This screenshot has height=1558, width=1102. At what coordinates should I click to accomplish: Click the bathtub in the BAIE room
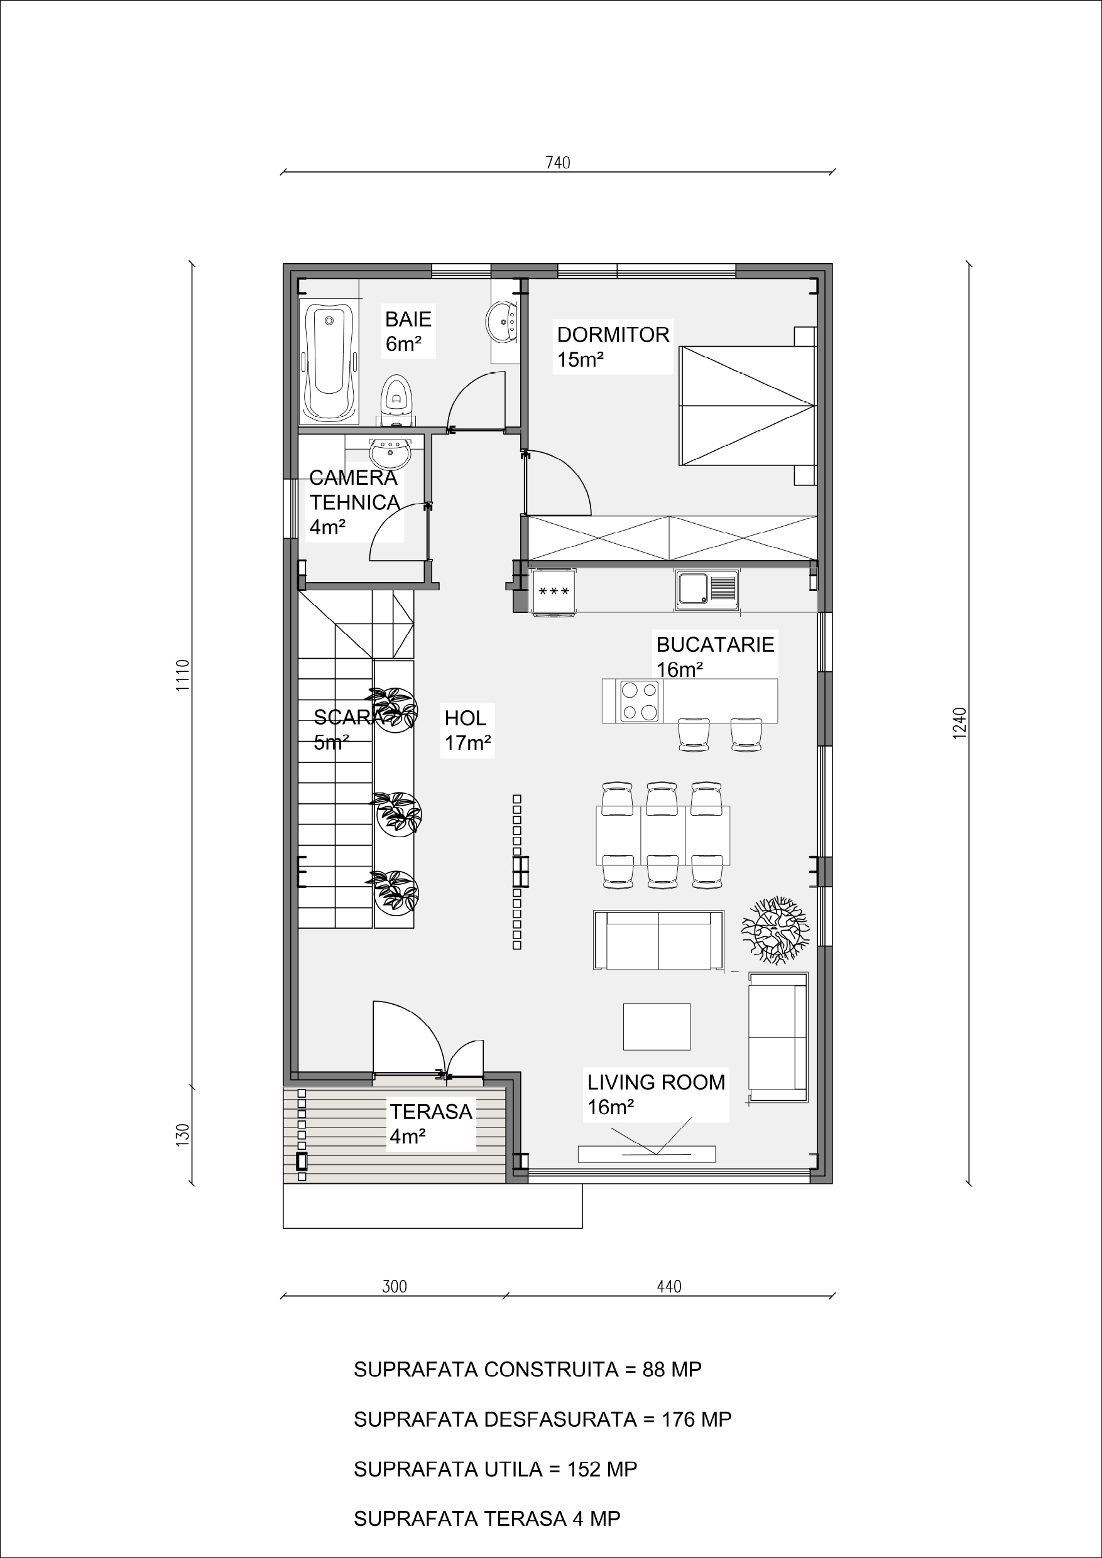point(329,364)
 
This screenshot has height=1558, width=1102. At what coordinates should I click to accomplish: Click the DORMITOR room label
point(613,335)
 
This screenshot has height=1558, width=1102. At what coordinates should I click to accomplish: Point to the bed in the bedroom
point(747,406)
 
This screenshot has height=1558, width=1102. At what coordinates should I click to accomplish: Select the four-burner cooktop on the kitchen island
point(640,701)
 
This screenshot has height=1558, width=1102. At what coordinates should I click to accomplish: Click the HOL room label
point(465,718)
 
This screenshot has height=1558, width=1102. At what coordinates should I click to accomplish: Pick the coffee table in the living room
point(657,1027)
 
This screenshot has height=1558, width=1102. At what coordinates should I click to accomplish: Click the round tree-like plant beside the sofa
point(775,929)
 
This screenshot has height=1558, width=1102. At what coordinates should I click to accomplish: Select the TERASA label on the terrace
point(430,1112)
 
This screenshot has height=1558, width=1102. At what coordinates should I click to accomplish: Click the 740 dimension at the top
point(557,163)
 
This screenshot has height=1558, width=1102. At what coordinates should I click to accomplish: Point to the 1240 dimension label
point(959,723)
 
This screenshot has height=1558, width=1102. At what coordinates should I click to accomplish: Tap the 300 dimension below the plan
point(394,1287)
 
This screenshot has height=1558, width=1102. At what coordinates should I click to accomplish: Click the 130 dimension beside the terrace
point(182,1135)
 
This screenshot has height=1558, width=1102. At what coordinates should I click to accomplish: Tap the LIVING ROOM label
point(656,1083)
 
